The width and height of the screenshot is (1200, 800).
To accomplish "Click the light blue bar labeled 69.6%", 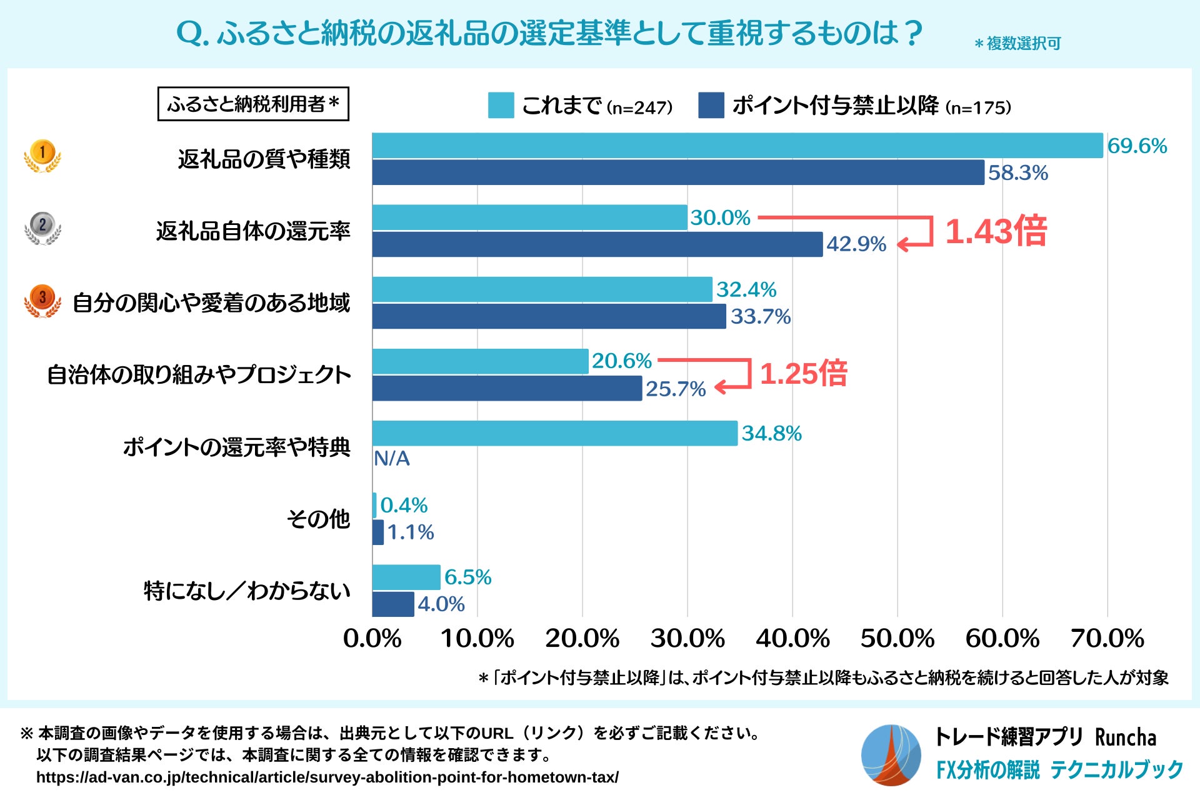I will (737, 146).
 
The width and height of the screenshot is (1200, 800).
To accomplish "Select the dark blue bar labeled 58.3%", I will (678, 172).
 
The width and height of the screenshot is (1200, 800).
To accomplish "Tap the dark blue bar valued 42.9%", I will (597, 244).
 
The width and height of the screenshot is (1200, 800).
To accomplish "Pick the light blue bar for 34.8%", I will (555, 433).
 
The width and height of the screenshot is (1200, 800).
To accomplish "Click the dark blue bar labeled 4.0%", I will (393, 604).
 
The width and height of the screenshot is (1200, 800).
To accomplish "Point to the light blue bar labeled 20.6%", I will (481, 361).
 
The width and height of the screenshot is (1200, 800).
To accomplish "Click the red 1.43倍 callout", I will (996, 231).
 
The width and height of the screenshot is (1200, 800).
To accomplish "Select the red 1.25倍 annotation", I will (803, 374).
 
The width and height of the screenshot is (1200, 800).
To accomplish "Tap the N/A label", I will (392, 459).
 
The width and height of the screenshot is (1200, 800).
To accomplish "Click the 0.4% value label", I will (404, 505).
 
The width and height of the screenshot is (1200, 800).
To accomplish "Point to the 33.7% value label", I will (761, 317).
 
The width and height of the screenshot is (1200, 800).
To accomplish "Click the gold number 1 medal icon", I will (42, 156).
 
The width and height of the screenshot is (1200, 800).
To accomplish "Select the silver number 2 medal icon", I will (42, 227).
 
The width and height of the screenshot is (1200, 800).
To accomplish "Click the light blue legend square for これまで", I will (501, 105).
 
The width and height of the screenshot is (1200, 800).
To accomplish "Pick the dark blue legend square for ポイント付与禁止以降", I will (711, 105).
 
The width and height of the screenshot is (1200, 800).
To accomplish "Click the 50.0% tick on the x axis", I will (897, 639).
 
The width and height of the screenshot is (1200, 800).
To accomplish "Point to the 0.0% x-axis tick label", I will (372, 639).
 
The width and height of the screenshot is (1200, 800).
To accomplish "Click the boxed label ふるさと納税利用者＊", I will (253, 104).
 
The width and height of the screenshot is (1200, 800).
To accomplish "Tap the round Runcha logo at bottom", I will (891, 755).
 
